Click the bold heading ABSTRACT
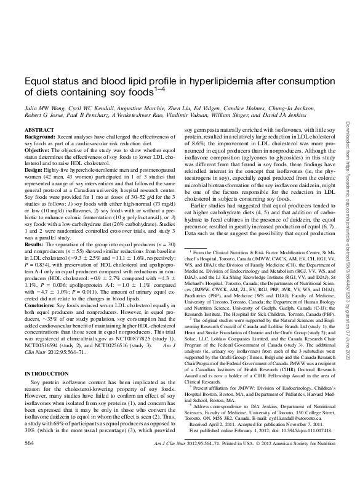point(35,131)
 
